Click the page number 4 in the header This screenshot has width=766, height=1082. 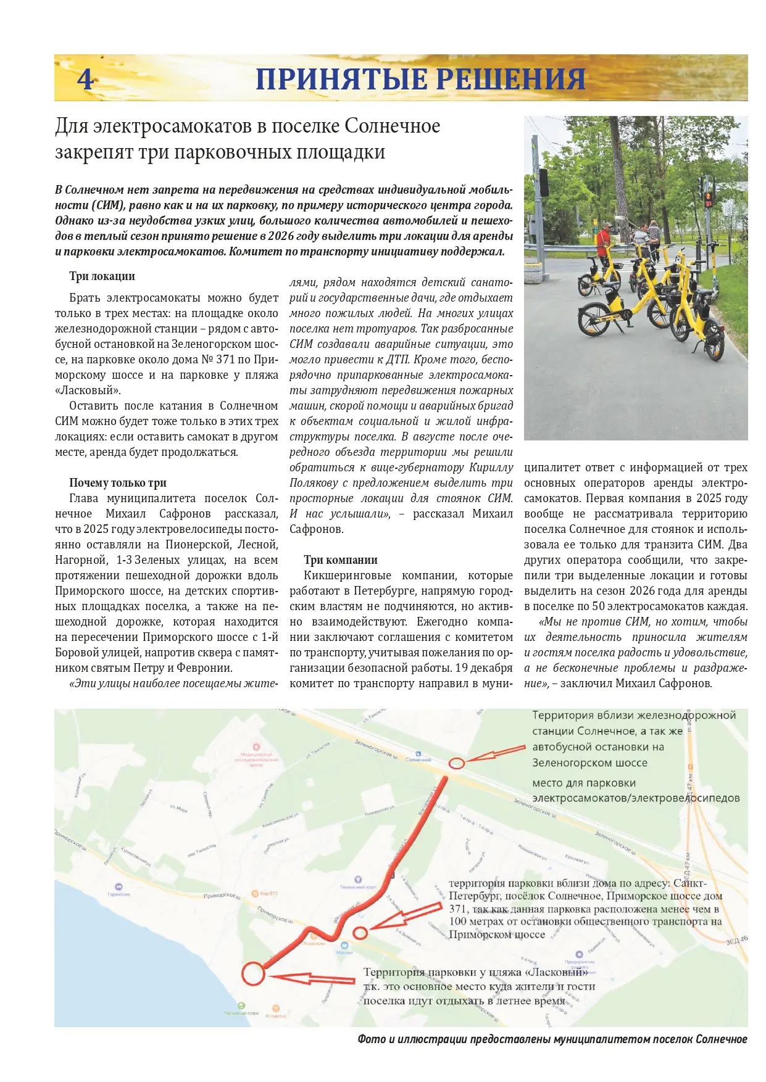86,79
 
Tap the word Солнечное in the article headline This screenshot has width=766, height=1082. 392,126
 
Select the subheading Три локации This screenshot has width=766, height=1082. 102,276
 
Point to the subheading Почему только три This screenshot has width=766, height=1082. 117,483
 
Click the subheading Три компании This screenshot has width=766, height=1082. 340,560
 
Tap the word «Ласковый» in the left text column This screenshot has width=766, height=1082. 88,390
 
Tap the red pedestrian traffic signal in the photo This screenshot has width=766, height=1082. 708,198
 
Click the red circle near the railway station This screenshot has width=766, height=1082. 456,763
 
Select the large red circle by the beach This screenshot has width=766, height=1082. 252,973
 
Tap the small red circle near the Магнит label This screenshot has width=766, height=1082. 360,933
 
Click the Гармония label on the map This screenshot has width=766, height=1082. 119,894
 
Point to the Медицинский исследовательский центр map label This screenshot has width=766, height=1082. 256,759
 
